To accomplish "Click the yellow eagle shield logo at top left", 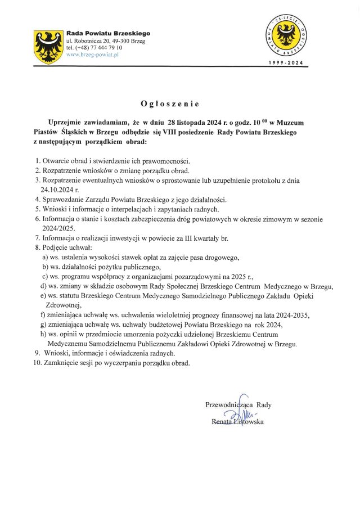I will [49, 47].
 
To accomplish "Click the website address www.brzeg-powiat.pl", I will [93, 55].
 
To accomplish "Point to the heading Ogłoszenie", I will [170, 104].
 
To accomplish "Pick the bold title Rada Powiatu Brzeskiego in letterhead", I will [109, 34].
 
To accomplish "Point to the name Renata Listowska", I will [237, 422].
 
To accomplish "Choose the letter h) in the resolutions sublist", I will [45, 334].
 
